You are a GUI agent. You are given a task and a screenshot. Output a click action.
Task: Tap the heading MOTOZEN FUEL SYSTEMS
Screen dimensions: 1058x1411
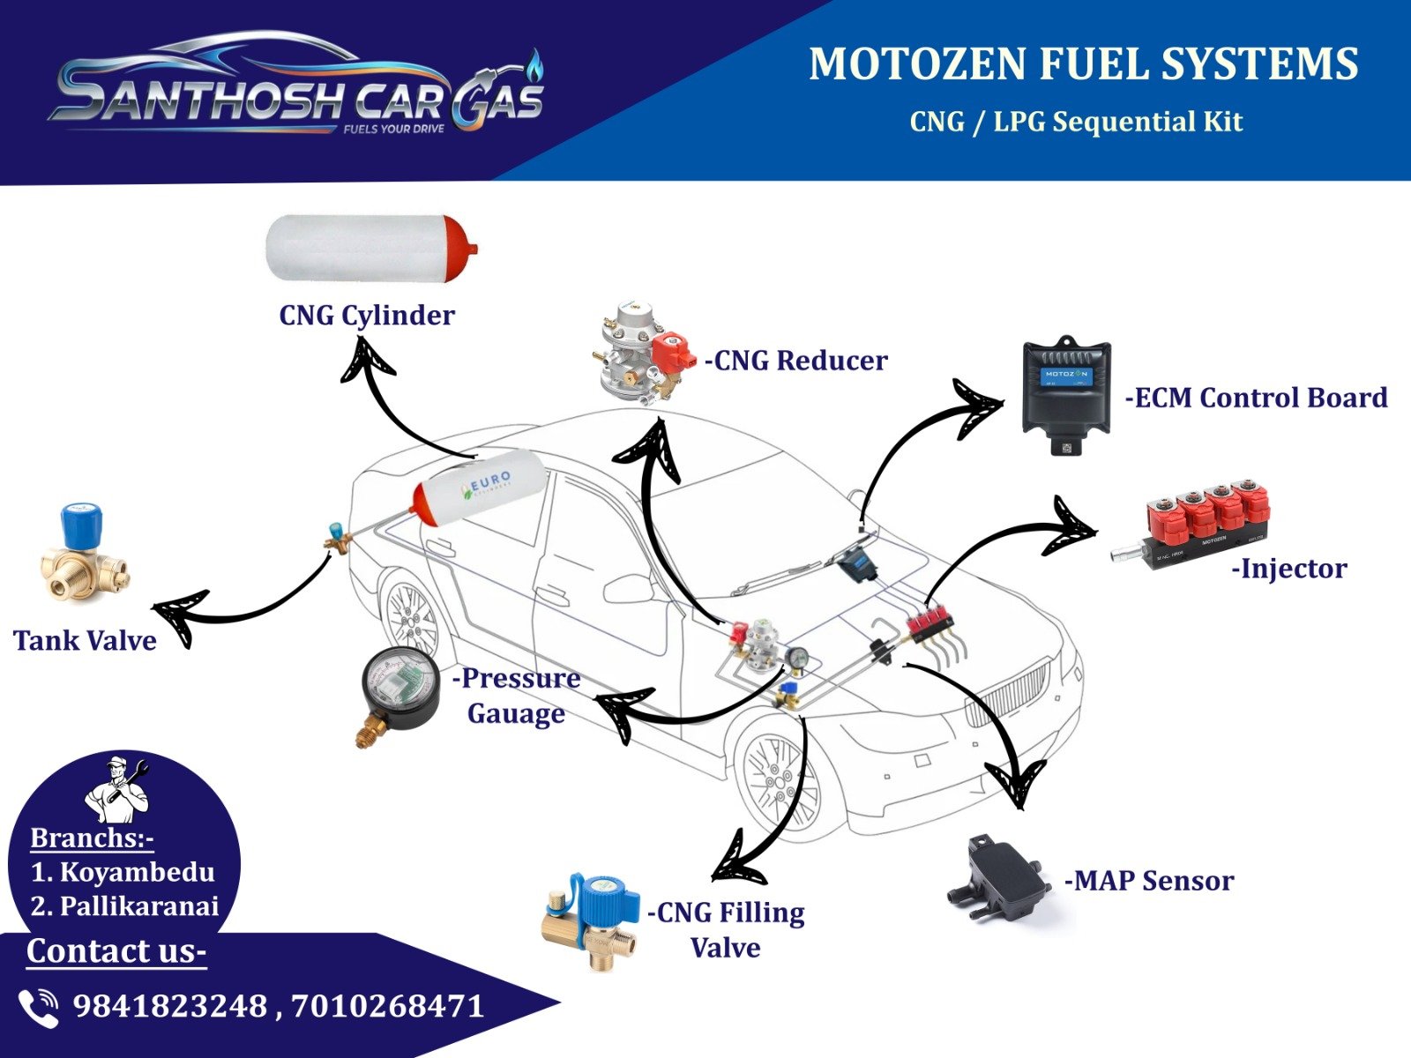[x=1083, y=64]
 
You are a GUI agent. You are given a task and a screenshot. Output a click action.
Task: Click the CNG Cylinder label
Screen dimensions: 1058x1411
[x=367, y=315]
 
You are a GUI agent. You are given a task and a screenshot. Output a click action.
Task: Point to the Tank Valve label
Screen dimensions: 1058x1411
[x=85, y=640]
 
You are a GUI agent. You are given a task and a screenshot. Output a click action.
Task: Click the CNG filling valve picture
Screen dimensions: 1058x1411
[x=587, y=920]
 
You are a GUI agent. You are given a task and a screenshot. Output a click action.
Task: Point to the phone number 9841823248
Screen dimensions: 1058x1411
[x=169, y=1006]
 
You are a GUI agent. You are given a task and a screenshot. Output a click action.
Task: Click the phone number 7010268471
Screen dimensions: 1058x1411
[x=387, y=1006]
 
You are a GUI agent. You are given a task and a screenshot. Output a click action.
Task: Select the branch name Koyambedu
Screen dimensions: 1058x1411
[x=136, y=872]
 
